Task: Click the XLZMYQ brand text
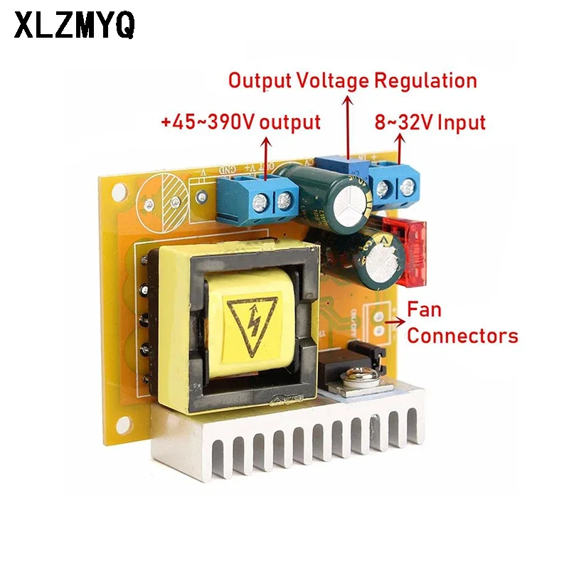click(74, 26)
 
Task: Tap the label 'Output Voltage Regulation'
click(352, 80)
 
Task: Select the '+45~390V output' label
click(240, 122)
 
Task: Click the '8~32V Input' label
click(430, 122)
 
